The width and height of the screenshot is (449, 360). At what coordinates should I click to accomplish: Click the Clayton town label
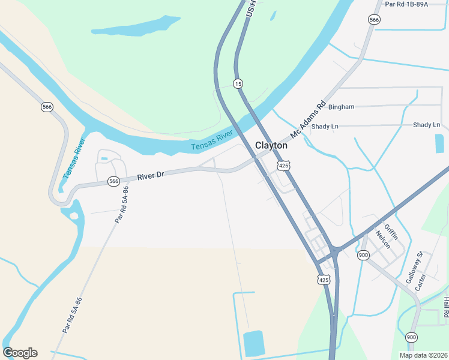click(271, 145)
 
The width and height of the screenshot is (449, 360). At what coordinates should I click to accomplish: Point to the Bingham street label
click(341, 107)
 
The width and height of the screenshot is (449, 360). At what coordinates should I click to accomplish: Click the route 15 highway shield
click(238, 83)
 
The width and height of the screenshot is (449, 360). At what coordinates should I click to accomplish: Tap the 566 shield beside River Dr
click(113, 181)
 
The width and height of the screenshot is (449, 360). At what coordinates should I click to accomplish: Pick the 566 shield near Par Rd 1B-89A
click(375, 20)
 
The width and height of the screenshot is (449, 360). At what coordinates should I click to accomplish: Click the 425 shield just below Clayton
click(284, 164)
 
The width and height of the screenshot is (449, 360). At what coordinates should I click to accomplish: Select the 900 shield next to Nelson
click(363, 255)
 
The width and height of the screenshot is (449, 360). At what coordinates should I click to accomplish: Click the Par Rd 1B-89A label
click(406, 4)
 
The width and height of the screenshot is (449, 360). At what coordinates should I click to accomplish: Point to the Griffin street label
click(391, 231)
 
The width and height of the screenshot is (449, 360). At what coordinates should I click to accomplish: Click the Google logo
click(20, 353)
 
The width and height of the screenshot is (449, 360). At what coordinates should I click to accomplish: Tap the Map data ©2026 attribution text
click(423, 355)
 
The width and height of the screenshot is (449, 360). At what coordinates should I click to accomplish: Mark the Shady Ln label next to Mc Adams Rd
click(325, 126)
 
